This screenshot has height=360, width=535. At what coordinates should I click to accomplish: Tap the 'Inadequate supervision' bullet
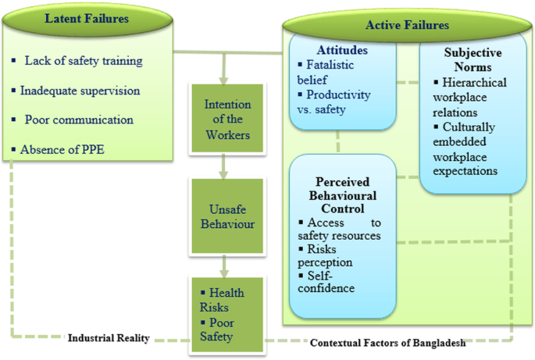(x=80, y=91)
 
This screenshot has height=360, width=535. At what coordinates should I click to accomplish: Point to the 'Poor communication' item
(x=79, y=119)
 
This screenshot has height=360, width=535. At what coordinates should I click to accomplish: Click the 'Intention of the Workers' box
(x=226, y=119)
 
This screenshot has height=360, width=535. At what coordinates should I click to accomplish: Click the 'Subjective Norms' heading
(x=473, y=61)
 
